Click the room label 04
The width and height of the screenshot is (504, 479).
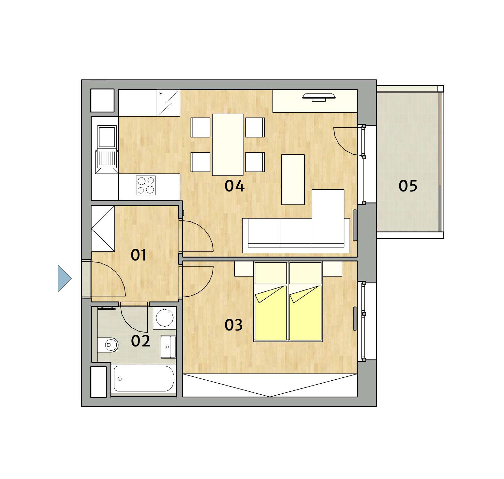234,186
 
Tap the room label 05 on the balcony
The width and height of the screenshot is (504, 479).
408,186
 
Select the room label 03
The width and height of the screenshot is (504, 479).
234,325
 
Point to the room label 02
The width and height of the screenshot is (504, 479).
141,341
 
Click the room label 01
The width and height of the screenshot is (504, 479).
139,255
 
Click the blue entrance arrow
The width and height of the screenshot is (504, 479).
65,278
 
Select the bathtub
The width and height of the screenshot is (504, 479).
144,379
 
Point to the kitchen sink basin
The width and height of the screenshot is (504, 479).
107,137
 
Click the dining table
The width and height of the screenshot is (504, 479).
228,145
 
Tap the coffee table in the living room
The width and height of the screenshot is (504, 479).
293,179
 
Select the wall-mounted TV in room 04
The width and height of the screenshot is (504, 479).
319,97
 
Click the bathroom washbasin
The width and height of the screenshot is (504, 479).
168,347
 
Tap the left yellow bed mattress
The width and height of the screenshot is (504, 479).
271,313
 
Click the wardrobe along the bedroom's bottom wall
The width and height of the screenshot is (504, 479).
270,385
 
